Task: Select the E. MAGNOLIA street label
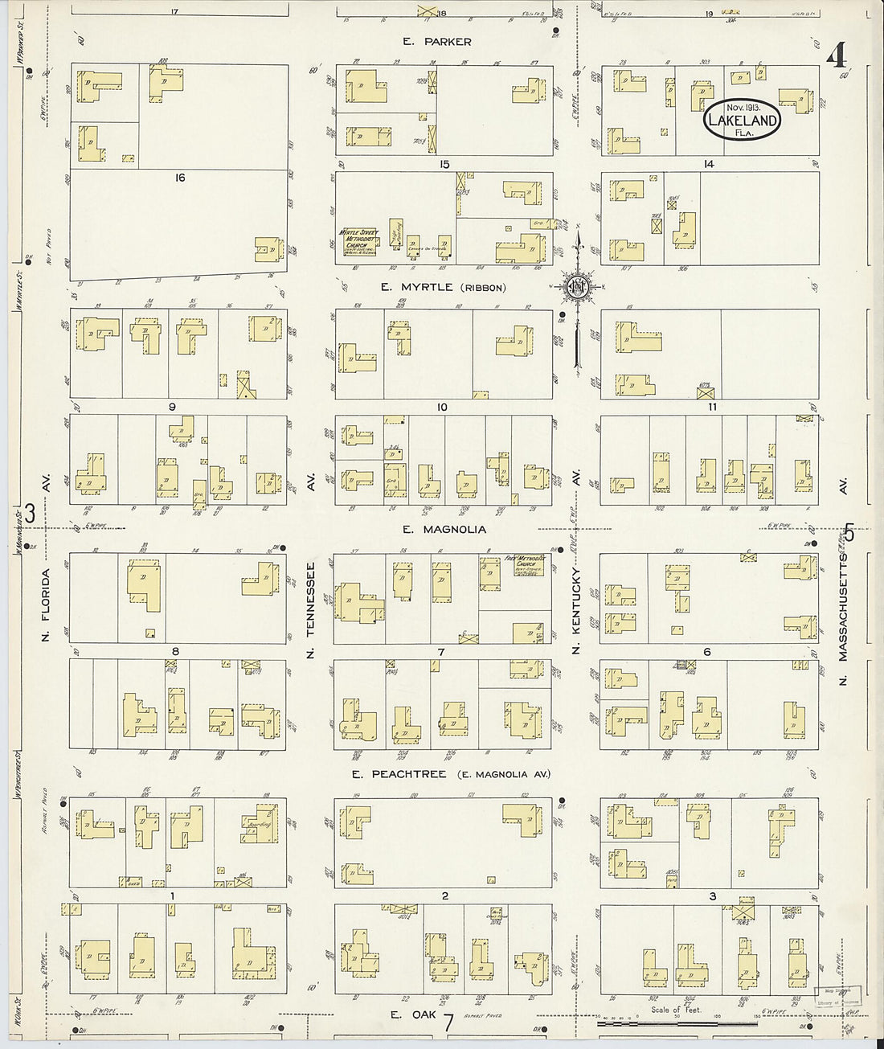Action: click(444, 529)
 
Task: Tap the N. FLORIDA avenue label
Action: click(47, 604)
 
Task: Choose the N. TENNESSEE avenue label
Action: click(310, 610)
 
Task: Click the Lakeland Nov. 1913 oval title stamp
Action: click(743, 120)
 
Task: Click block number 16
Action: click(179, 177)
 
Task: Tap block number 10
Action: click(442, 408)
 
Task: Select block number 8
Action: click(174, 652)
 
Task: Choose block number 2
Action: click(444, 895)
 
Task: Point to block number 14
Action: click(709, 164)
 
